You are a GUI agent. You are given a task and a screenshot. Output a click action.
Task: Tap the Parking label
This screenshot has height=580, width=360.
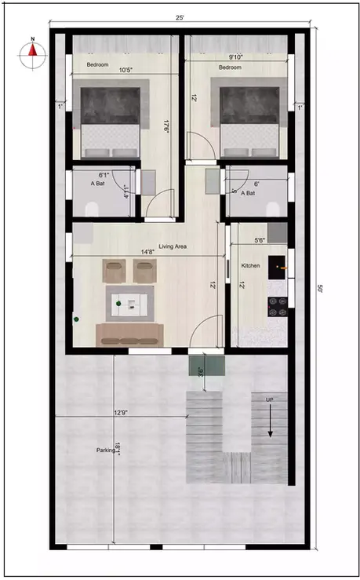[x=104, y=451]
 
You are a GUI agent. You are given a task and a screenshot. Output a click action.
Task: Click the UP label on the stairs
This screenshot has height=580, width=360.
[x=269, y=401]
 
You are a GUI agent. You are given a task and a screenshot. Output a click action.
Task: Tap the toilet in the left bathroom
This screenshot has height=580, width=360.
[x=90, y=207]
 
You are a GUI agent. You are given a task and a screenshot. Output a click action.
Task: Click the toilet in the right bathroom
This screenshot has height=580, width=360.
[x=272, y=207]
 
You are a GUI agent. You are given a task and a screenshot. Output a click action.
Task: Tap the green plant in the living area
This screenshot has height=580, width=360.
[x=77, y=319]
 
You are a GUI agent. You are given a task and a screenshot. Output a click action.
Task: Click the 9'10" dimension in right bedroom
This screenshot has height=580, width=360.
[x=235, y=57]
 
